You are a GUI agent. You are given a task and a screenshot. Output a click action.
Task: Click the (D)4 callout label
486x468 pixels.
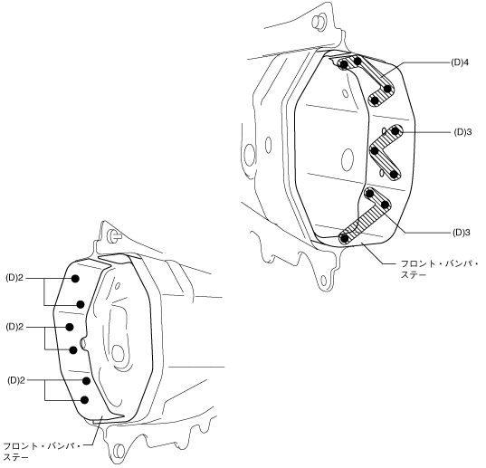[461, 62]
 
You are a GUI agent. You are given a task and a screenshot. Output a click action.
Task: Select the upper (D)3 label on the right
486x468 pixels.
[462, 132]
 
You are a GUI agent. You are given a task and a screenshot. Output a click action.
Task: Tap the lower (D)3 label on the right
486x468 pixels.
[461, 233]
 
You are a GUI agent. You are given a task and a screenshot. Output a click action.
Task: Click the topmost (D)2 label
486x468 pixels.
[14, 278]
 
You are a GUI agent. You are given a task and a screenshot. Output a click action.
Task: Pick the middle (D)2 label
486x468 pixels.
[14, 327]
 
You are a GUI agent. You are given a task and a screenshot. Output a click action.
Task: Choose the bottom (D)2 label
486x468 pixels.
[15, 380]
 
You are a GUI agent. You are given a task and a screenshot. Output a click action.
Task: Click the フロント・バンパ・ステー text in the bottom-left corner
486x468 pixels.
[42, 452]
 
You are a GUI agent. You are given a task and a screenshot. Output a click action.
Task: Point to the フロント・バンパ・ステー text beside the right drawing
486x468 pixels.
[440, 270]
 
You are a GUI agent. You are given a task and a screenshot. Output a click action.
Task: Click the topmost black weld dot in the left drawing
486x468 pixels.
[75, 279]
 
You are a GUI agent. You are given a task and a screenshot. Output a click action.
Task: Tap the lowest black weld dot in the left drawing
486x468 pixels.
[84, 400]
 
